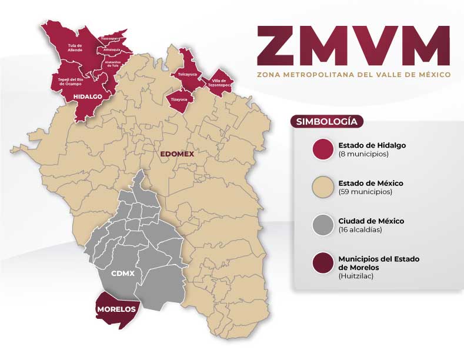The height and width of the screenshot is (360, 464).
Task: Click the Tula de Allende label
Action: (x=75, y=48)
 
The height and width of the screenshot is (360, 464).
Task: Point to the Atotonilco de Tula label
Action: (x=112, y=63)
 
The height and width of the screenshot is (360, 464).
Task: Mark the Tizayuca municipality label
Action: (x=178, y=99)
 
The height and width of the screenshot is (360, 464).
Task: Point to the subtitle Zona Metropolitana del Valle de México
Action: (x=353, y=75)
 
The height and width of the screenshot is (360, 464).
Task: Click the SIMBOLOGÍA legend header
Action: (x=327, y=122)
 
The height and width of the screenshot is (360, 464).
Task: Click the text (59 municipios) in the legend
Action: (x=365, y=192)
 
